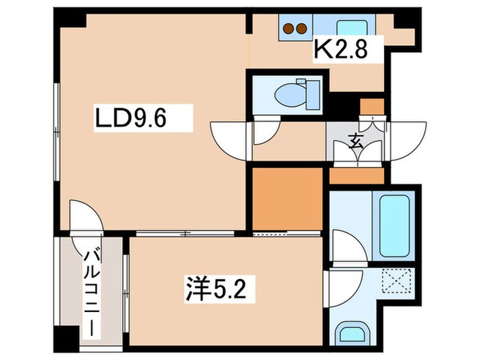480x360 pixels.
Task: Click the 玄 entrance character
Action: point(357,142)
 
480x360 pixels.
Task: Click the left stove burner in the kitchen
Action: point(289,29)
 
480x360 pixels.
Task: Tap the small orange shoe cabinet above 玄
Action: point(372,107)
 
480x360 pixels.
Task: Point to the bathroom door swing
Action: point(343,246)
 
